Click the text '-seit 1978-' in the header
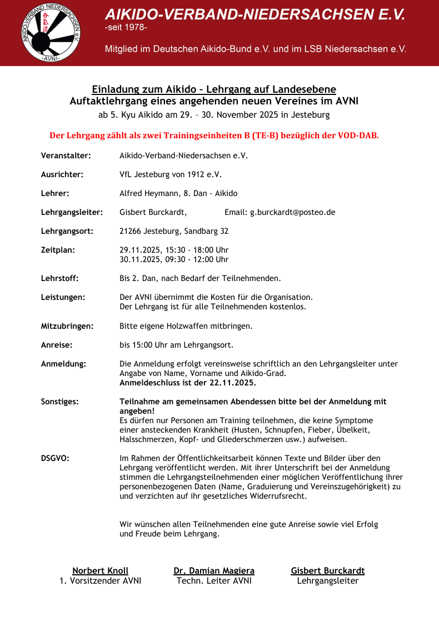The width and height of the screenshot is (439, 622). tap(126, 27)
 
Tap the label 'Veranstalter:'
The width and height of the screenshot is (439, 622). tap(66, 155)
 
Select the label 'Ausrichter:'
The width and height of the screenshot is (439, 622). tap(62, 174)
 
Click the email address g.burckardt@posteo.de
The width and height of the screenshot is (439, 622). tap(292, 212)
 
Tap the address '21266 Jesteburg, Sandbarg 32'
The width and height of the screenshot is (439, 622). tap(174, 231)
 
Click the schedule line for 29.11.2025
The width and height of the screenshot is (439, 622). tap(174, 250)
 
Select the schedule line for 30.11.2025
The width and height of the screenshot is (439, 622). tap(174, 259)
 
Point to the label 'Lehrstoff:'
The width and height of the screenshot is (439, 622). tap(59, 278)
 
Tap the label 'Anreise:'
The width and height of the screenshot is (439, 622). tap(57, 345)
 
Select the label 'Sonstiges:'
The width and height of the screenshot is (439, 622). tap(59, 401)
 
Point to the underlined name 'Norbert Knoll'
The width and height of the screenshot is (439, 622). tap(100, 571)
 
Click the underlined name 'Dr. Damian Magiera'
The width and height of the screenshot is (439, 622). tap(214, 571)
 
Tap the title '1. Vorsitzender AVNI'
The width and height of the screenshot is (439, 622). tap(100, 581)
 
